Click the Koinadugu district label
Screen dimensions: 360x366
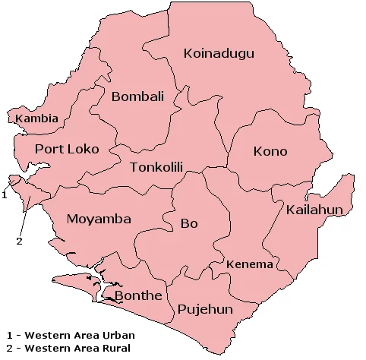click(219, 53)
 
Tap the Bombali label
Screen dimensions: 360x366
click(137, 96)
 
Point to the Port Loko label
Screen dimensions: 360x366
click(67, 149)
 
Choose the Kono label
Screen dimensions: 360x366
click(270, 151)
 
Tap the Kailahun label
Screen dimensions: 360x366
click(315, 209)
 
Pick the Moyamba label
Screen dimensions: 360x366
click(99, 219)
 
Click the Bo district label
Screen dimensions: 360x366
click(189, 223)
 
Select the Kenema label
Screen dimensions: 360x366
click(250, 264)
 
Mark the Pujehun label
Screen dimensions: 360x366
click(205, 310)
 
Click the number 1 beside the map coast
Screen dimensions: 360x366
click(5, 194)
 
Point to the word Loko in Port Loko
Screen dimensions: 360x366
click(83, 149)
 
